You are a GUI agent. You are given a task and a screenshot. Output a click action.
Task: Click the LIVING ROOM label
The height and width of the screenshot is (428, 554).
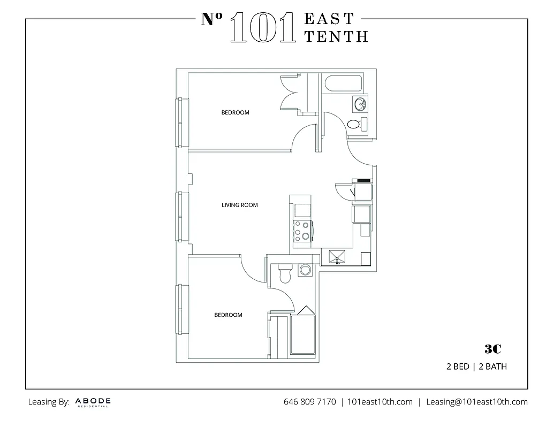pos(239,205)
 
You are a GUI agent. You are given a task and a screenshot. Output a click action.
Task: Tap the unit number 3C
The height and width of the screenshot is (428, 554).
pos(492,349)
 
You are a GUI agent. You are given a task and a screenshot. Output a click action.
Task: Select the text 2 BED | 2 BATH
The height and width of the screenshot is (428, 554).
pos(476,367)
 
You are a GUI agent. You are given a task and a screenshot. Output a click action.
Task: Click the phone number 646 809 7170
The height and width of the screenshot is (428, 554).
pos(309,402)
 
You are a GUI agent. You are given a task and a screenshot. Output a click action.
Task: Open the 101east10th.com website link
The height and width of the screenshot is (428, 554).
pos(380,402)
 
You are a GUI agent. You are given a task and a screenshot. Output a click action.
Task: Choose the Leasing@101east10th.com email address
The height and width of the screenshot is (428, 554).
pos(476,402)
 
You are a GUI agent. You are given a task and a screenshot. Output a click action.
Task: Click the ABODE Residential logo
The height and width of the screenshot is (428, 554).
pos(93,402)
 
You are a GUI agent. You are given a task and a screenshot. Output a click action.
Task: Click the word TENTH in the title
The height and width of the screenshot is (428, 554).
pos(336,36)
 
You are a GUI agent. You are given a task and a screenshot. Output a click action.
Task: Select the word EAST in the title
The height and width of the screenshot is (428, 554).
pos(329,19)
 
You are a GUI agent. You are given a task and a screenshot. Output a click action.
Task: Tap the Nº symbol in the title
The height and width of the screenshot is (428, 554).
pos(213,20)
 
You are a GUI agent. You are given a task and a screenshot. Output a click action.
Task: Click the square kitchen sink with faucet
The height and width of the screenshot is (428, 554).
pos(337,258)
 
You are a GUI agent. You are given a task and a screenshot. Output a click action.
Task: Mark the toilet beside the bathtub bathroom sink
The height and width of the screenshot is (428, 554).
pos(355,124)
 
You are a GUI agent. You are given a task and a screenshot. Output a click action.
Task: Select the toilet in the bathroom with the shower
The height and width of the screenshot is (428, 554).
pos(284,273)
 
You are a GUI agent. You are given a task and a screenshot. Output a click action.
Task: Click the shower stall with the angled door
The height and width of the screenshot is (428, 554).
pos(304,332)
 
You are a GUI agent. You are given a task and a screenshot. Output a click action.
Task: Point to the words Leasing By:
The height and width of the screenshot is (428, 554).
pos(49,402)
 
